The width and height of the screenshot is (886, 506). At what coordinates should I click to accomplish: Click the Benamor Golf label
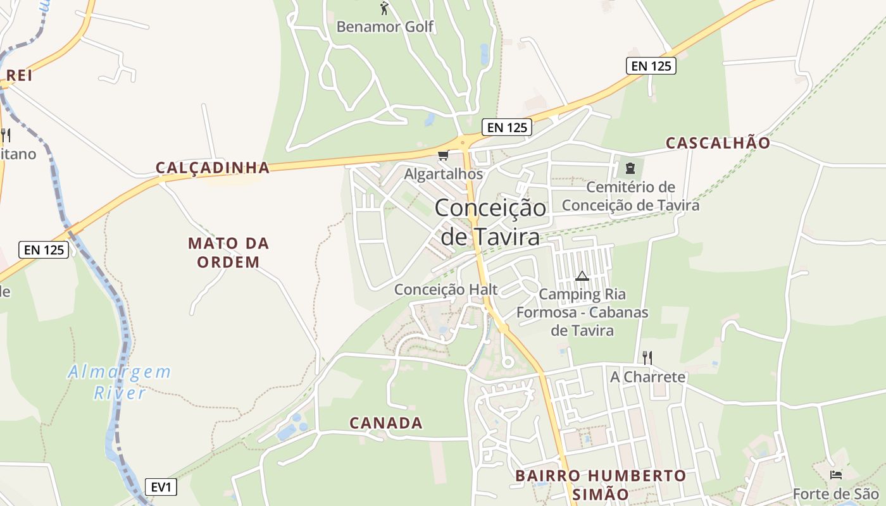click(385, 27)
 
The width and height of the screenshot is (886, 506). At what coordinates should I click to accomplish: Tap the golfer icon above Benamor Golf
click(384, 8)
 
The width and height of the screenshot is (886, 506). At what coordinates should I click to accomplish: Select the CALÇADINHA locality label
click(213, 168)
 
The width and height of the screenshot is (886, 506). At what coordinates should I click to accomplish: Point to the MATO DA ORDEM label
click(228, 252)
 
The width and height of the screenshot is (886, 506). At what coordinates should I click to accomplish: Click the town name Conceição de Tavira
click(490, 222)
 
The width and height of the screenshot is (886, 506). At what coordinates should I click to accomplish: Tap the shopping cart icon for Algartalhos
click(443, 156)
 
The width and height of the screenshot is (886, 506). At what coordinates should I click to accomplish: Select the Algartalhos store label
click(443, 174)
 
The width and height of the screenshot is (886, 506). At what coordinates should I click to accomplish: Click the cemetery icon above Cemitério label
click(630, 168)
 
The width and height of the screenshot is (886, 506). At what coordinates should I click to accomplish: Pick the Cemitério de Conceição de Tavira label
click(630, 196)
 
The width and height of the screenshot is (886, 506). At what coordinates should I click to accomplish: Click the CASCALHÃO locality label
click(718, 143)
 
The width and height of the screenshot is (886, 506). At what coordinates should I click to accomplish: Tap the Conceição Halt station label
click(446, 290)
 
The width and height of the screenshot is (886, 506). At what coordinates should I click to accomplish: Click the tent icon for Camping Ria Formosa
click(582, 276)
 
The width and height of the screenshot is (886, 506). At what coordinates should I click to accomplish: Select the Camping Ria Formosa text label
click(582, 312)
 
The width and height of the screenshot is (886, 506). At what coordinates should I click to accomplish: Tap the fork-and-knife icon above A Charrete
click(647, 358)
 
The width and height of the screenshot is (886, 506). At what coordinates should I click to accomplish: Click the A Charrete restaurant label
click(647, 377)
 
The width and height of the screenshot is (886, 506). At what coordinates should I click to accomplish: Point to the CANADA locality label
click(386, 423)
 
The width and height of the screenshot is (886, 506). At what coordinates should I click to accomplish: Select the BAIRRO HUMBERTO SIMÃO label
click(600, 484)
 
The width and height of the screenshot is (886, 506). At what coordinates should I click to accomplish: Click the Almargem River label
click(120, 382)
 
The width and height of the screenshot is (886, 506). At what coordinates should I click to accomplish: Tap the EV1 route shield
click(161, 487)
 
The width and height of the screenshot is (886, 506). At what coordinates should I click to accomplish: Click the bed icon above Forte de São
click(836, 474)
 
